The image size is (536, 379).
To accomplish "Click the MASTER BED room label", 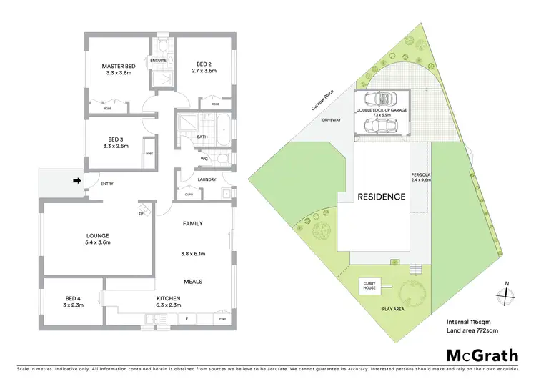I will point(119,66).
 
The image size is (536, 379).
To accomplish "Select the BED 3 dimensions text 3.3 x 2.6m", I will point(116,146).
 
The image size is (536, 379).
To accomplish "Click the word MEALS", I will point(194,281).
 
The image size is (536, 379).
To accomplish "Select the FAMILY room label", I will point(194,224).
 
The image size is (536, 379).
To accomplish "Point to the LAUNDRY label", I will point(203,179).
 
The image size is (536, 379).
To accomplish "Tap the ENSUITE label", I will point(159,61).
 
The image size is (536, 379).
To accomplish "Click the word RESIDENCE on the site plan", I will point(382,197).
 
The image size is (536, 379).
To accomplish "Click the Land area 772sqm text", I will point(472,331).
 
